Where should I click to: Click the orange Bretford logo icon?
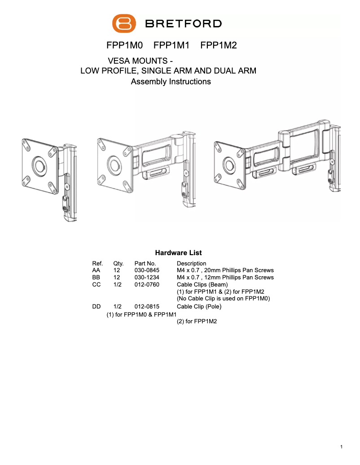click(124, 23)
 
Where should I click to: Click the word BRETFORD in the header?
click(183, 24)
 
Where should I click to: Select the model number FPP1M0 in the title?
click(124, 45)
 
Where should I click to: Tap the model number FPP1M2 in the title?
click(219, 45)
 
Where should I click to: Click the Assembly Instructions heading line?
click(171, 82)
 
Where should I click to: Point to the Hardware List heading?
click(178, 253)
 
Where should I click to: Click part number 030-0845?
click(147, 270)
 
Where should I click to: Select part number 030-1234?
click(147, 278)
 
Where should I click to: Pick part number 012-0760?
click(147, 285)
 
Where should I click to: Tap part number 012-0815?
click(147, 307)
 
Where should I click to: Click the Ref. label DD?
click(97, 307)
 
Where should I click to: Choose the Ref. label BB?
click(97, 278)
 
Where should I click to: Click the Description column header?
click(192, 264)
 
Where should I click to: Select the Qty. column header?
click(119, 264)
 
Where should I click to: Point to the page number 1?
click(342, 447)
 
